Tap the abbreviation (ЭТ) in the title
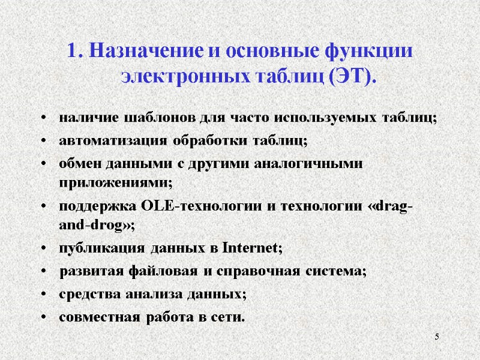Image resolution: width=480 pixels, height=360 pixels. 350,77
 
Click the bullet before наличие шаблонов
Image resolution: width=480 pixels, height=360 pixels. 45,118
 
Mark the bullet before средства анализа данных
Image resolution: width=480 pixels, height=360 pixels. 45,295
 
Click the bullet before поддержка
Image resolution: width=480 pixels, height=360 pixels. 45,208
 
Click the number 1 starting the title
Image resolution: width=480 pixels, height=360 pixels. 74,52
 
